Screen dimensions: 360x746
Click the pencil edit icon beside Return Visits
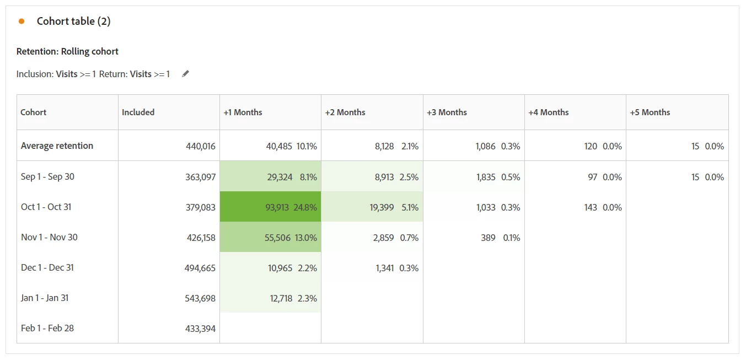click(186, 74)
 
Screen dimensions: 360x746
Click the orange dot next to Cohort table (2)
click(22, 22)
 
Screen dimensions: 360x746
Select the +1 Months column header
click(243, 112)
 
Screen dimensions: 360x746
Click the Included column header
click(138, 112)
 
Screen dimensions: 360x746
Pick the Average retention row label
click(57, 146)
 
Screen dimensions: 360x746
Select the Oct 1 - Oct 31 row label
click(46, 207)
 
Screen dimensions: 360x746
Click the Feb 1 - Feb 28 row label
click(47, 329)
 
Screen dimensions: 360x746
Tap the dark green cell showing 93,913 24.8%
click(270, 207)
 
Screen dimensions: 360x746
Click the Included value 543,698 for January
click(200, 298)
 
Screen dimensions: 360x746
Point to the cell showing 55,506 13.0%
click(270, 238)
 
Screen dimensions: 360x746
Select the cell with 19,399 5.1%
click(372, 207)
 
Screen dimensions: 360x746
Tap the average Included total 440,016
click(200, 146)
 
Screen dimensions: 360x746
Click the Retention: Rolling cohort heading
click(67, 52)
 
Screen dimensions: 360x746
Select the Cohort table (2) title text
click(73, 22)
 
